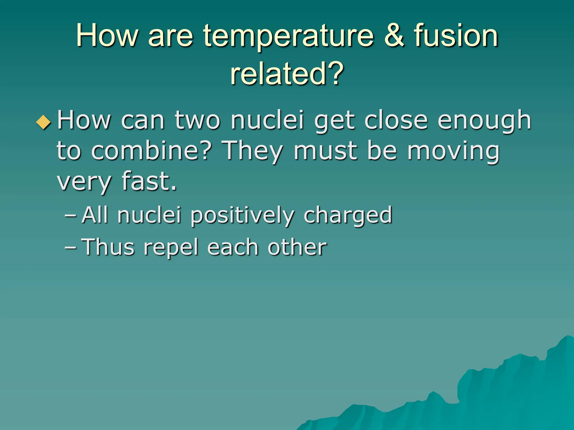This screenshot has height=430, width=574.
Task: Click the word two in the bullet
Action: (197, 120)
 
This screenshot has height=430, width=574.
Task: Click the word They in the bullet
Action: (253, 151)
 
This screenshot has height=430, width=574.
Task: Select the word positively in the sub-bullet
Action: (242, 215)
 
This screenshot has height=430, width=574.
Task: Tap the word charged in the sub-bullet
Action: (348, 215)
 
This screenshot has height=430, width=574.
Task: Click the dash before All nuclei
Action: (70, 216)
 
